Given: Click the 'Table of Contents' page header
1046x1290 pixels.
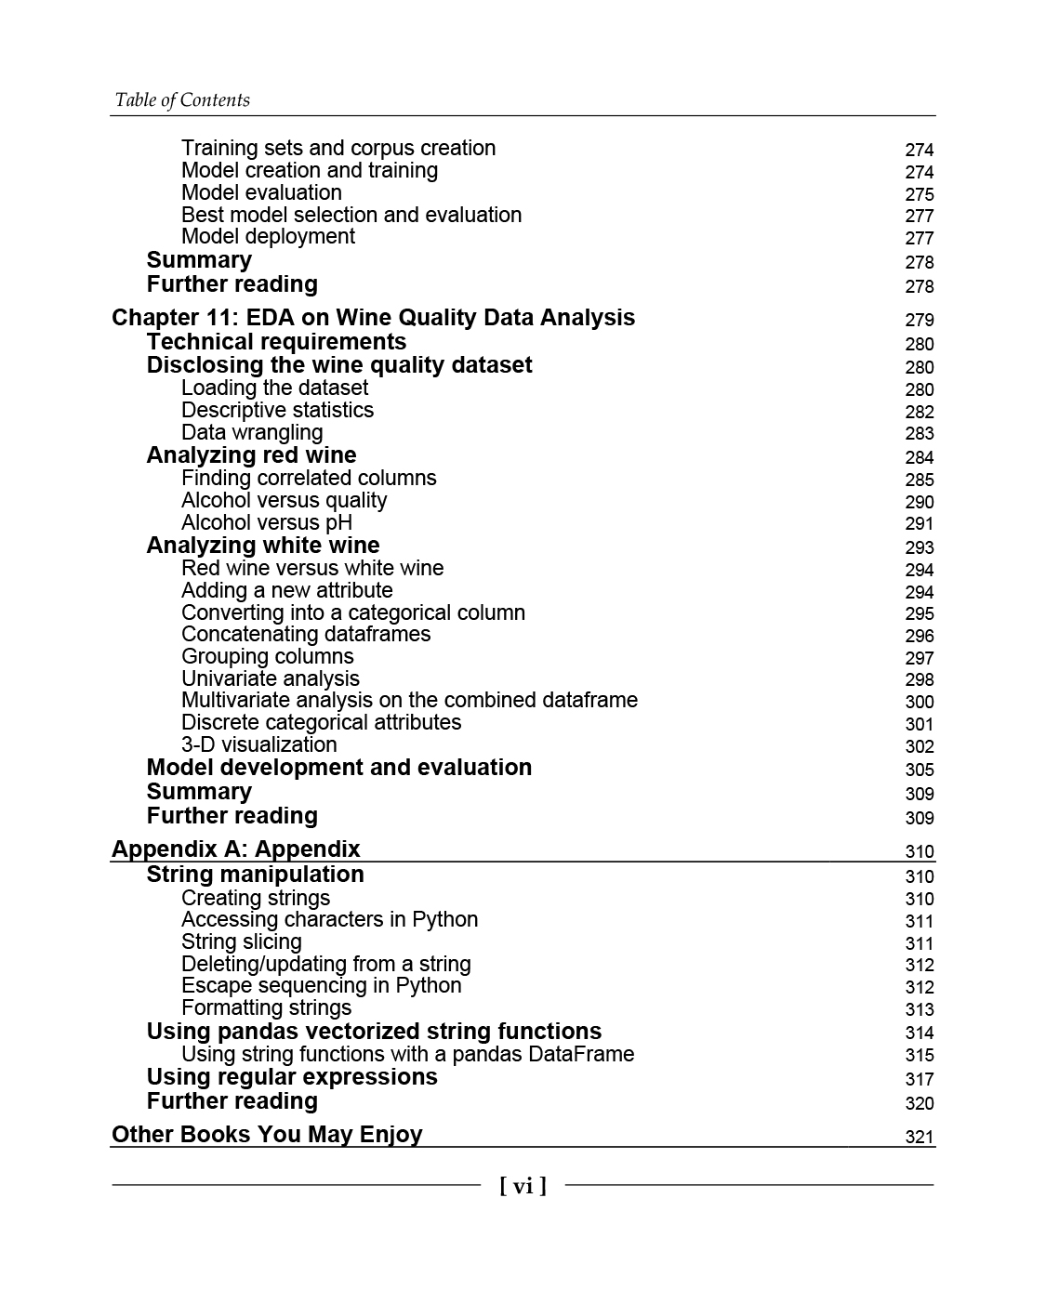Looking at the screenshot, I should [x=182, y=100].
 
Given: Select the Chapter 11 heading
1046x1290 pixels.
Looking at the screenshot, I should [x=373, y=318].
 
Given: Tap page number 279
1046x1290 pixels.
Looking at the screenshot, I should [x=919, y=320].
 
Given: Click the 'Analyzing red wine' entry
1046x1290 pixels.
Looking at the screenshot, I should [x=251, y=455].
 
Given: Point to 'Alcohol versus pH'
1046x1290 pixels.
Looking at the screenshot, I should [x=266, y=522].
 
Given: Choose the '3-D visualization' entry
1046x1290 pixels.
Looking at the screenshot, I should [x=258, y=744].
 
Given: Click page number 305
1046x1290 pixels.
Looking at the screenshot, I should [x=919, y=770].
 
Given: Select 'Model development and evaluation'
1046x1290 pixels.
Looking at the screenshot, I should [x=338, y=768].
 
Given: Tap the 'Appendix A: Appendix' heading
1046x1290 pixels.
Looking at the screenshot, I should [x=235, y=849].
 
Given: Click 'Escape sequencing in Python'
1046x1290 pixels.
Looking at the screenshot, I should [x=321, y=986].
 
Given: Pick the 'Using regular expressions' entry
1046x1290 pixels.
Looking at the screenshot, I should [x=291, y=1077].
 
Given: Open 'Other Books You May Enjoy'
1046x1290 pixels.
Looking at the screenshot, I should [x=267, y=1135].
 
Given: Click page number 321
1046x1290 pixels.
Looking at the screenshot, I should [x=919, y=1137].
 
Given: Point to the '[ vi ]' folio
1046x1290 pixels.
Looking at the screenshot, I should [x=523, y=1186].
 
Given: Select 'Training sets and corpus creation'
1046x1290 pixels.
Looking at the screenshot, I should [x=338, y=149].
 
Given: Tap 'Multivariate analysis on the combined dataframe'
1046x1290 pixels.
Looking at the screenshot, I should [x=409, y=700].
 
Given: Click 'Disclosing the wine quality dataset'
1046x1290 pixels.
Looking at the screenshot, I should [x=338, y=365].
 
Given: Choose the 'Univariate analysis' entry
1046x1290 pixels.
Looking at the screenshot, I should [x=270, y=678].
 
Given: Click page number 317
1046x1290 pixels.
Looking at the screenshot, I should [x=919, y=1079].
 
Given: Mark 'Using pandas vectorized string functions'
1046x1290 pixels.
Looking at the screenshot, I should [x=374, y=1032].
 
